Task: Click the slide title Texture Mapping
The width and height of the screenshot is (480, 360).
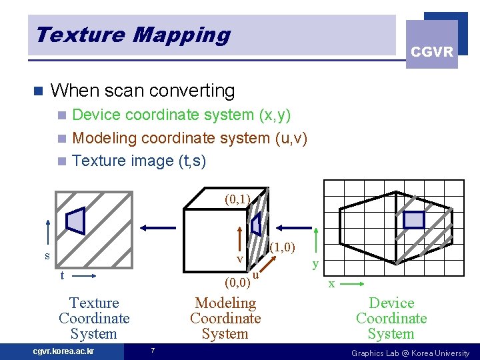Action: (133, 35)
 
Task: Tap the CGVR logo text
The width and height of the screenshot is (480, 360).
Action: (432, 52)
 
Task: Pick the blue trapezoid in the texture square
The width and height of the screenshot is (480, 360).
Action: (76, 221)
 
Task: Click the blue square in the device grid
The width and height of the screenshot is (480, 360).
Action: (414, 220)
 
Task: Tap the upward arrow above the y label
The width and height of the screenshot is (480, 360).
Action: (315, 239)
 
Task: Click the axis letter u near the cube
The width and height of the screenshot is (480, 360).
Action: (256, 274)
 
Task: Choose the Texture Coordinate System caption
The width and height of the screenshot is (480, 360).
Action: (94, 319)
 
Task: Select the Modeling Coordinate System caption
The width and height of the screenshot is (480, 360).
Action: (225, 319)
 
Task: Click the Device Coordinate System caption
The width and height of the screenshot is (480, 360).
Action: (391, 319)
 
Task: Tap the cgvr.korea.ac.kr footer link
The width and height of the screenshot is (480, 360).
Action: (63, 351)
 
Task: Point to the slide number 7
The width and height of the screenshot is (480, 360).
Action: (153, 351)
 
